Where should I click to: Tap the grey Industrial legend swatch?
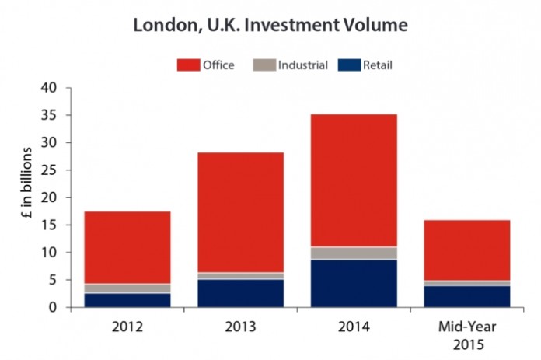pyautogui.click(x=264, y=65)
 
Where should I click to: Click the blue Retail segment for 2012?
pyautogui.click(x=127, y=300)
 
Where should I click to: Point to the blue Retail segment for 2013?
pyautogui.click(x=240, y=293)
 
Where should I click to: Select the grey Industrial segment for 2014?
pyautogui.click(x=354, y=253)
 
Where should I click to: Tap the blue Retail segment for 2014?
pyautogui.click(x=354, y=283)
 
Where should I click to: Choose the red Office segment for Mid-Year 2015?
pyautogui.click(x=467, y=250)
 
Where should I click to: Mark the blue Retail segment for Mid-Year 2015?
pyautogui.click(x=467, y=296)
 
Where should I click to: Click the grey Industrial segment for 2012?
pyautogui.click(x=127, y=288)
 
